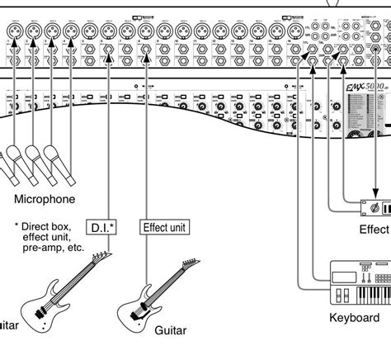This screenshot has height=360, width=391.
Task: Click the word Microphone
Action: point(45,199)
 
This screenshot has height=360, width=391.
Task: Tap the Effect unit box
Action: point(166,227)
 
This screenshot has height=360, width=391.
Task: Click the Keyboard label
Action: point(354,317)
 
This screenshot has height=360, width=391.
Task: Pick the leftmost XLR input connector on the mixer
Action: point(14,31)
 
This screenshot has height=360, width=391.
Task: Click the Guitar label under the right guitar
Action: point(171,330)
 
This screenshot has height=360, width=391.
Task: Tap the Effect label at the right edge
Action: point(374,230)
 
